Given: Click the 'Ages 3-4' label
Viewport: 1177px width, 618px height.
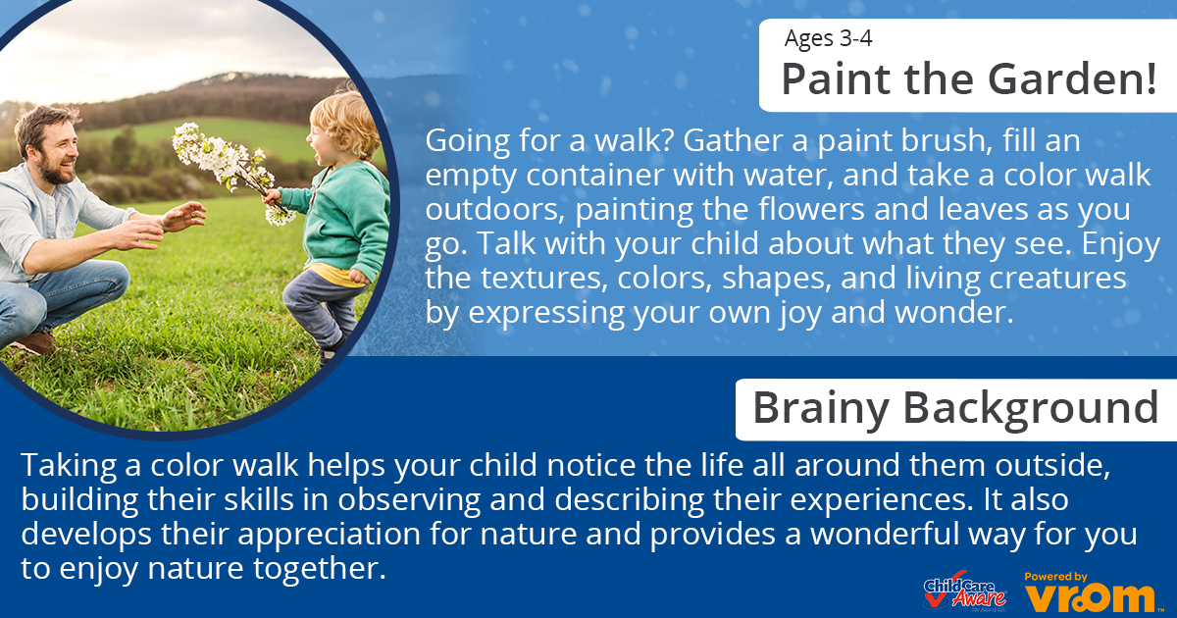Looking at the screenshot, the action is click(x=828, y=38).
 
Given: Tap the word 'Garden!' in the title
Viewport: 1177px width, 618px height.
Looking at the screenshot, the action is click(x=1072, y=79).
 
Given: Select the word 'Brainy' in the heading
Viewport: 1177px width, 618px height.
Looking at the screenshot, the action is click(x=821, y=409).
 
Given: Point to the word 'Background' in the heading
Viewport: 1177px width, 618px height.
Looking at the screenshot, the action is click(x=1031, y=409).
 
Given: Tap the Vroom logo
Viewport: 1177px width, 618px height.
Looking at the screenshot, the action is click(x=1091, y=598).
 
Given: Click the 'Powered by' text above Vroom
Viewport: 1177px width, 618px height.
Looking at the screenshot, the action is click(x=1055, y=577).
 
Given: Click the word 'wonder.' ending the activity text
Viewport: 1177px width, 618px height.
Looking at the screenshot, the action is click(x=953, y=312).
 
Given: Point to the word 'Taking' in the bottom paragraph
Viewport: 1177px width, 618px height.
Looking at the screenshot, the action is click(x=69, y=466).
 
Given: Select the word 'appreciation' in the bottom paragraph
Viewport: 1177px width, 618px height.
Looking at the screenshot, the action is click(x=329, y=535).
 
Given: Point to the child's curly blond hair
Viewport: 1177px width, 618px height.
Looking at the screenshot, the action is click(x=348, y=124).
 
